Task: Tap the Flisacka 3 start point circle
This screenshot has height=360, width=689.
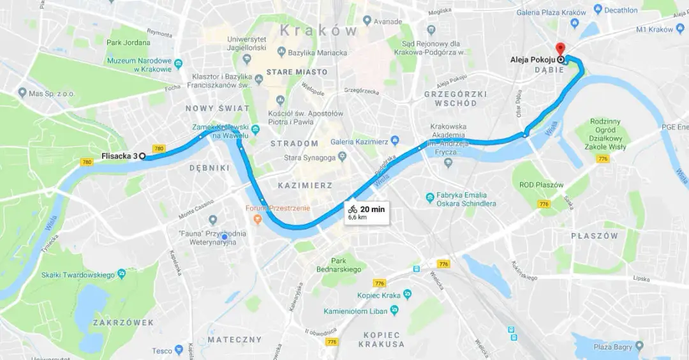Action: [x=142, y=156]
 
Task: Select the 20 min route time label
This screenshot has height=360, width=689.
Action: [x=372, y=209]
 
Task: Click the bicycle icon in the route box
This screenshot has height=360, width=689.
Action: [x=353, y=209]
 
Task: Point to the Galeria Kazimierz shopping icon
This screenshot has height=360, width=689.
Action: [x=396, y=140]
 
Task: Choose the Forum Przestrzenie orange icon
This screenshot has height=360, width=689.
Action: [x=258, y=219]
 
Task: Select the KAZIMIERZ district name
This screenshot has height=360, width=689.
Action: [x=305, y=185]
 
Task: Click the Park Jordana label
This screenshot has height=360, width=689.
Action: [x=128, y=43]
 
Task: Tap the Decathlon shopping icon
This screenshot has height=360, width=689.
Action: [x=598, y=10]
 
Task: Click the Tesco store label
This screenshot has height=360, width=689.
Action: [x=162, y=350]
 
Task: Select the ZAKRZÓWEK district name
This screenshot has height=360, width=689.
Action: [x=123, y=323]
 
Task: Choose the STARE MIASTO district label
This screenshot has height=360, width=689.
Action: [x=297, y=72]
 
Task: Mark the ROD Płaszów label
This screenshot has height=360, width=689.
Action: [x=541, y=185]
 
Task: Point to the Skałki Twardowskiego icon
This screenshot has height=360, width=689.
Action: [x=122, y=274]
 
